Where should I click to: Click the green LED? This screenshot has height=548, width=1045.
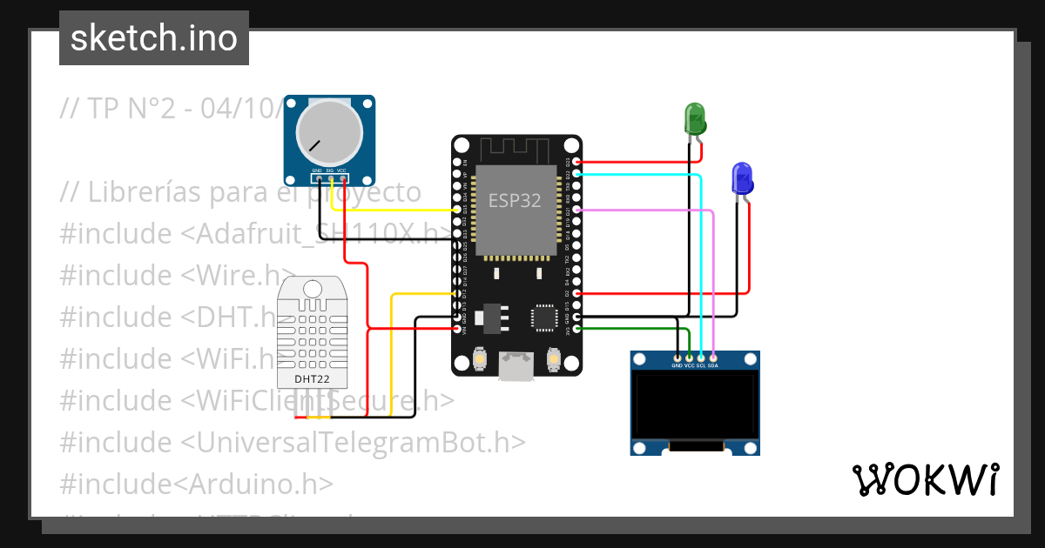point(695,119)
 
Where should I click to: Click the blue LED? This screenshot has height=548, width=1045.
point(742,178)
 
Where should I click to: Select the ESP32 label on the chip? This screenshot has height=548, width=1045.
point(515,201)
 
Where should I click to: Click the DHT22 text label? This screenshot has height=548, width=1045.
point(311,379)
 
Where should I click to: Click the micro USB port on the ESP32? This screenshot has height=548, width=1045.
point(516,367)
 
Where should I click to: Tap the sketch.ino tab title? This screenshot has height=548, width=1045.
point(153,38)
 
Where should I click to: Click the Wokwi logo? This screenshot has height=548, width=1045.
point(924,479)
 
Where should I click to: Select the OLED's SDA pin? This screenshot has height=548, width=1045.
point(713,357)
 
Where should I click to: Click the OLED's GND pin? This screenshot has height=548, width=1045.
point(678,357)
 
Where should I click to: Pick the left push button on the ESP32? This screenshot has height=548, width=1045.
point(479,358)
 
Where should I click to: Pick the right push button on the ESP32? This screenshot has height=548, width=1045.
point(553,358)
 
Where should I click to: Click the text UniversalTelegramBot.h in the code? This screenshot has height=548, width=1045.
point(353,442)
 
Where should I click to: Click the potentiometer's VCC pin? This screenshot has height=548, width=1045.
point(343,179)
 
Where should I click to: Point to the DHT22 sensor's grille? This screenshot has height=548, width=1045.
point(311,335)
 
